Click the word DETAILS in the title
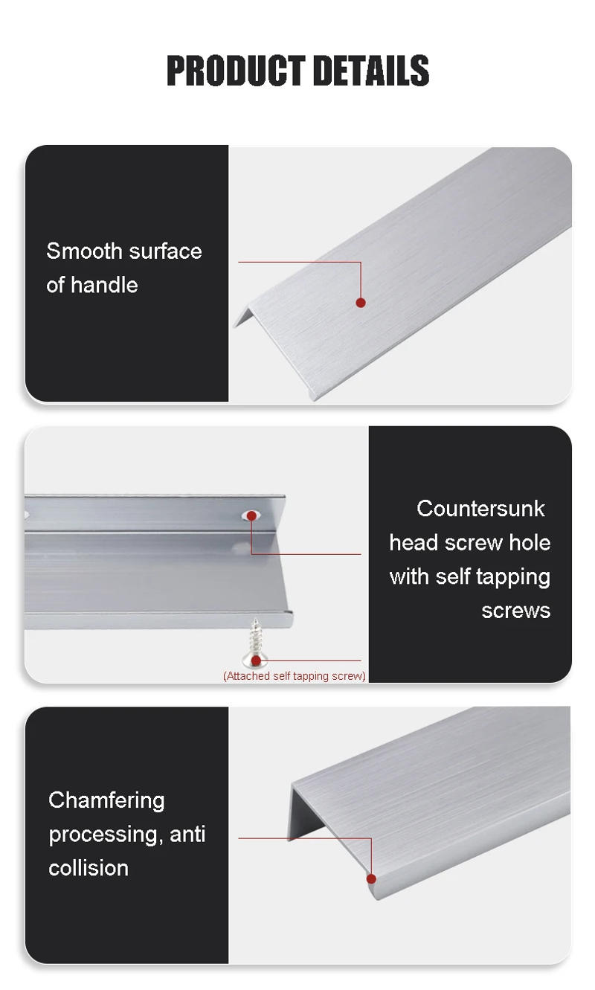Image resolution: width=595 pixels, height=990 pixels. [x=371, y=71]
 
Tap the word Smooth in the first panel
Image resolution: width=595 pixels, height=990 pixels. [x=82, y=251]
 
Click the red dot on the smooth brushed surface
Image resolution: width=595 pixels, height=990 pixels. [x=361, y=302]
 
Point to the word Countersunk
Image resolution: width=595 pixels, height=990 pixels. [x=480, y=509]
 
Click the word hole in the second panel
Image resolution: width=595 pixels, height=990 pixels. [x=530, y=543]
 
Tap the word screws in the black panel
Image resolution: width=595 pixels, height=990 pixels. [x=515, y=611]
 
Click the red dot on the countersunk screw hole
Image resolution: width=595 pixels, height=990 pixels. [x=253, y=515]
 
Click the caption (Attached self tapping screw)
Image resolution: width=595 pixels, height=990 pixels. [x=295, y=676]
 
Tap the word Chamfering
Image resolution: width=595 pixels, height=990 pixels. [x=106, y=800]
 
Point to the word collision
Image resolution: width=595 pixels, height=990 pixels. [x=89, y=868]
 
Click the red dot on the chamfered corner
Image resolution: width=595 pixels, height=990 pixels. [x=371, y=878]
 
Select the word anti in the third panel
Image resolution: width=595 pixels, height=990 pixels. [x=187, y=835]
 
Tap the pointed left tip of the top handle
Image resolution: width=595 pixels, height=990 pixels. [x=236, y=324]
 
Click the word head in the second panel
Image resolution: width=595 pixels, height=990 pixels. [x=414, y=543]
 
